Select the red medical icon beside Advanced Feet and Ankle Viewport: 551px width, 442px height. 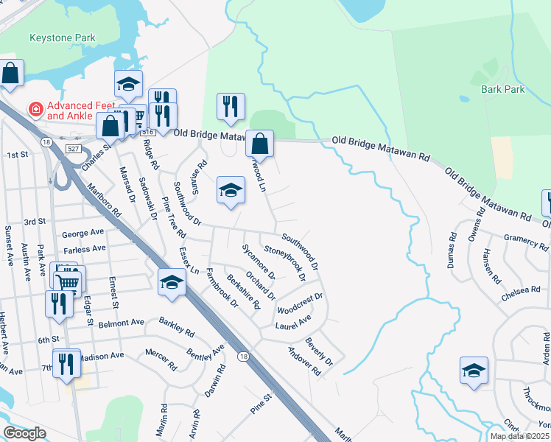34,110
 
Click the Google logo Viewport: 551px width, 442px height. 24,433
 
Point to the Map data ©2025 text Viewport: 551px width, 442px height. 519,436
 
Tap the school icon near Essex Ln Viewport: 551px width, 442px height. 172,283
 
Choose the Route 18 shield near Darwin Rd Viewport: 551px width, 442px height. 242,357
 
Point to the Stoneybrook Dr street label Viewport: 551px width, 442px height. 284,264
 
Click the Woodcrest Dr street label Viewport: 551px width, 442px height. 300,304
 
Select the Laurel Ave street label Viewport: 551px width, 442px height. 293,322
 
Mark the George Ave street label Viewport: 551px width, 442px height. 83,234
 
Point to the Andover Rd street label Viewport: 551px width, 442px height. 304,362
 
